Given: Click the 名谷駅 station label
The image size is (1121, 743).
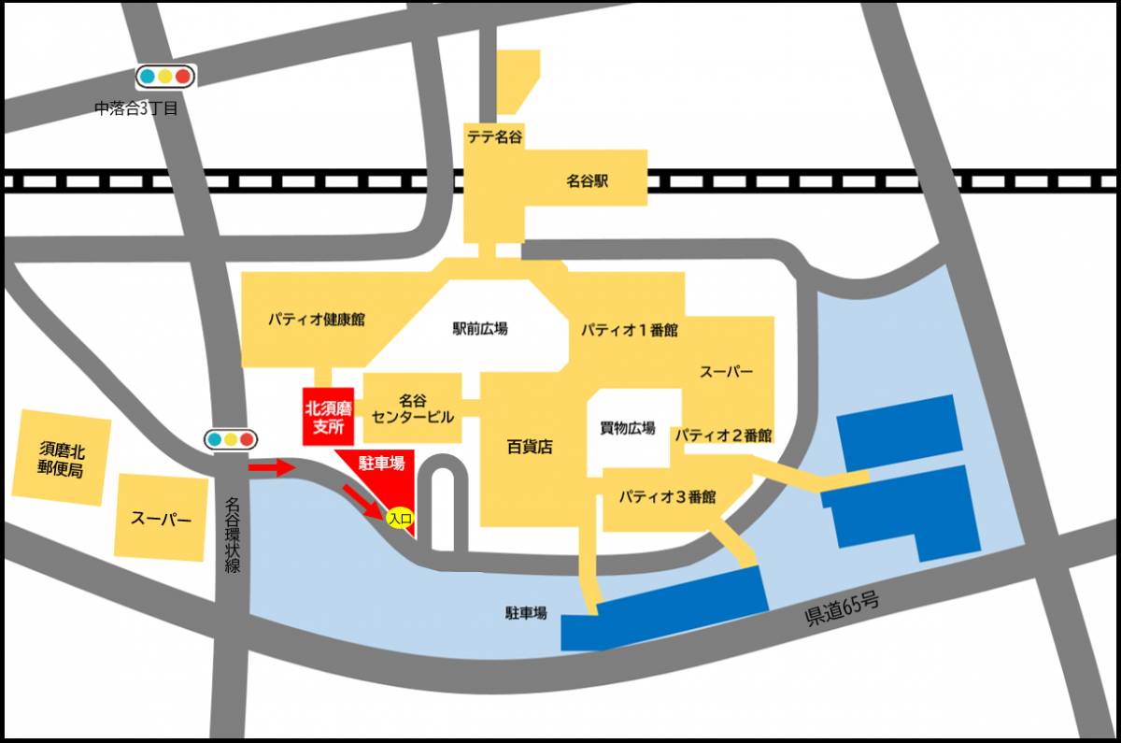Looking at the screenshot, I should [x=587, y=180].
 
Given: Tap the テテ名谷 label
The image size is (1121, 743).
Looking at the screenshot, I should [x=494, y=136].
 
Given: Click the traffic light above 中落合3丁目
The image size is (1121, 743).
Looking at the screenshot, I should [x=164, y=77].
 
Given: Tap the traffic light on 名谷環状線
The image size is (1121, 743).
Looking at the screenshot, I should [x=231, y=439].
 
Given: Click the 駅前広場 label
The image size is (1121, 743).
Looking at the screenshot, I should [x=480, y=328].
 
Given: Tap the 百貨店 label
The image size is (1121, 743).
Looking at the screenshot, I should [x=531, y=447].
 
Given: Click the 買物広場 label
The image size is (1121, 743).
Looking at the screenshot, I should [x=627, y=428].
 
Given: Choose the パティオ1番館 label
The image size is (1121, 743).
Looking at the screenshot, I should [x=629, y=330].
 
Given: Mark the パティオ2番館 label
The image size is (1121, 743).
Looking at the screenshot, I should [x=723, y=435].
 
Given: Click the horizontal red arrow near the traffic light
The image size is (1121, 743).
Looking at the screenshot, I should [x=272, y=467].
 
